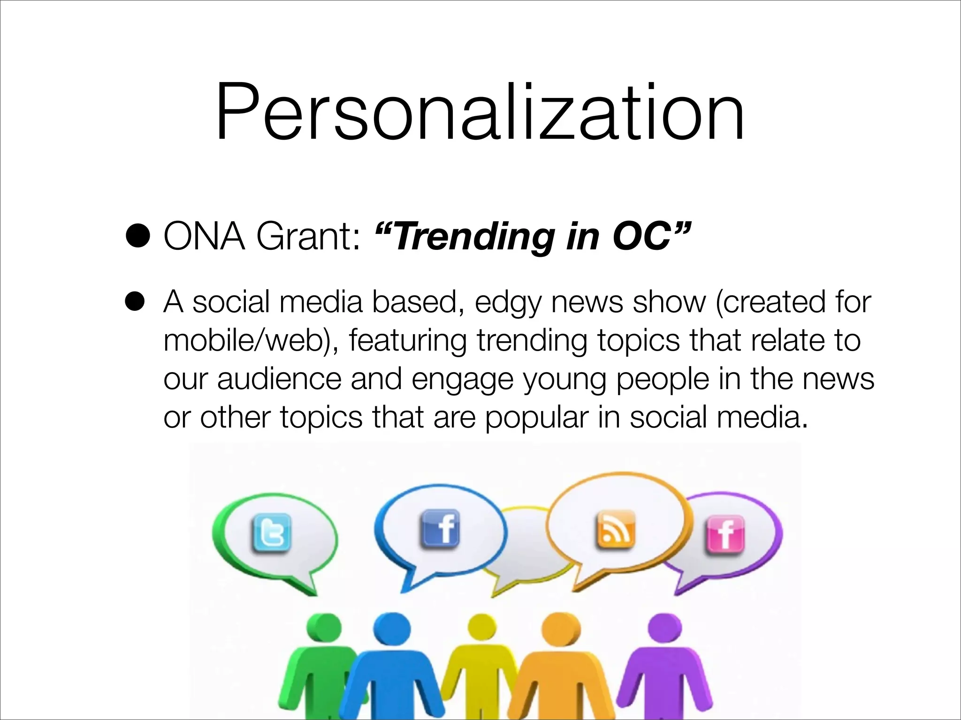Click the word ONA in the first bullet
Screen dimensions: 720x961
(204, 236)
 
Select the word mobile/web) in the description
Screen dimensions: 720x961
(251, 341)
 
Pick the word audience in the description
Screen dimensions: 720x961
(279, 379)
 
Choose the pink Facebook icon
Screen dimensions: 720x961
(725, 534)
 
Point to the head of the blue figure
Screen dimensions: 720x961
(392, 628)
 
